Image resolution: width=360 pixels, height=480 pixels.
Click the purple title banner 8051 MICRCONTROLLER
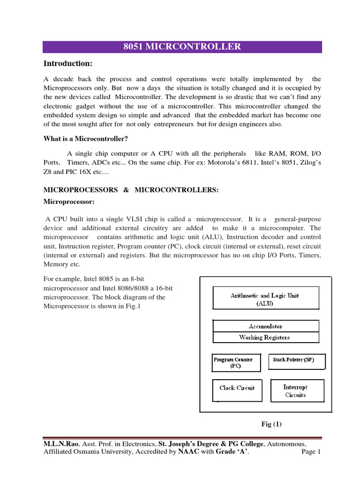(182, 47)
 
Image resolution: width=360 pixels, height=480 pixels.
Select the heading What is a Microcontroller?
(86, 138)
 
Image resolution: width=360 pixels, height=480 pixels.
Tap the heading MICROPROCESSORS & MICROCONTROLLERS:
(131, 190)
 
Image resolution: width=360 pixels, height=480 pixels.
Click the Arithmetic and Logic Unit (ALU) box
(265, 299)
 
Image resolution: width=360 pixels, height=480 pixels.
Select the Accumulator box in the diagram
(265, 326)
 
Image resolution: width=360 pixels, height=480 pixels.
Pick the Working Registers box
(265, 337)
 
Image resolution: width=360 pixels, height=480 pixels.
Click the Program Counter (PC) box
(233, 363)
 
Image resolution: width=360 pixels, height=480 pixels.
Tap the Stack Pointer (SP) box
(293, 360)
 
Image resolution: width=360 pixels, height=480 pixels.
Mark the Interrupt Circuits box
(295, 391)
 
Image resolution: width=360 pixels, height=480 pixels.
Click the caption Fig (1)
(271, 424)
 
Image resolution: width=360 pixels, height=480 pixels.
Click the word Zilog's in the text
(309, 162)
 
